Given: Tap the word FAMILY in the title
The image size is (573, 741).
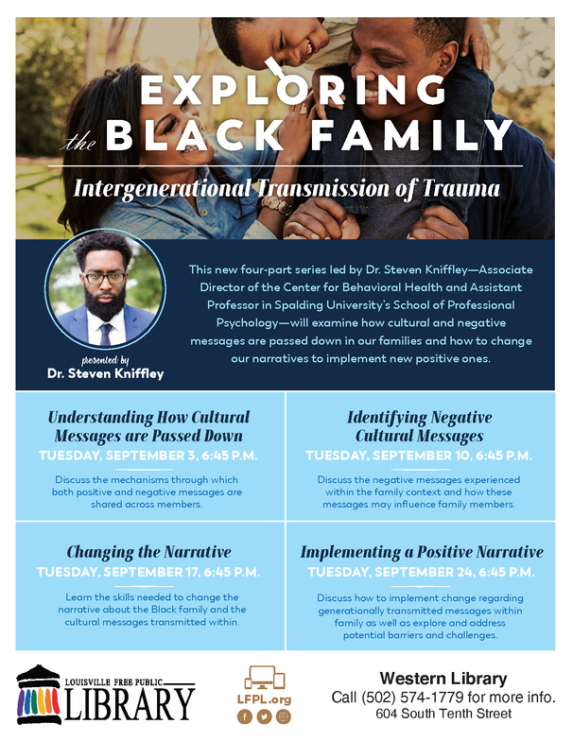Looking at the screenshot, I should [409, 135].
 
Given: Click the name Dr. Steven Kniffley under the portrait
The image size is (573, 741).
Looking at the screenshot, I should [105, 373].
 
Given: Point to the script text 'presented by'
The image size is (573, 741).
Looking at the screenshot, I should [105, 360].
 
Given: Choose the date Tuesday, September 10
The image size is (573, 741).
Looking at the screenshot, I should [420, 456].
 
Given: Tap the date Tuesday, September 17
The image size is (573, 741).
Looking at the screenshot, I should [148, 572].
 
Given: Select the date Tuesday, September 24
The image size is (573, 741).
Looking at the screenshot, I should [420, 572].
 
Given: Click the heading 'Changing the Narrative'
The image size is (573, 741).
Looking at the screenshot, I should [148, 552].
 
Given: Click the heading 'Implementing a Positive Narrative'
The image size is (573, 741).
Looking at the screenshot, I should [422, 552].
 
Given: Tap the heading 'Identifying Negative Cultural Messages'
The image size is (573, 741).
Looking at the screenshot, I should [420, 426].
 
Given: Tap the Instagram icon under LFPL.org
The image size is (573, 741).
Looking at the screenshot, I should [284, 716].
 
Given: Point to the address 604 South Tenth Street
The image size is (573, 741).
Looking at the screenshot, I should [443, 715].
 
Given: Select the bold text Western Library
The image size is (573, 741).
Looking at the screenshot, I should [443, 678].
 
